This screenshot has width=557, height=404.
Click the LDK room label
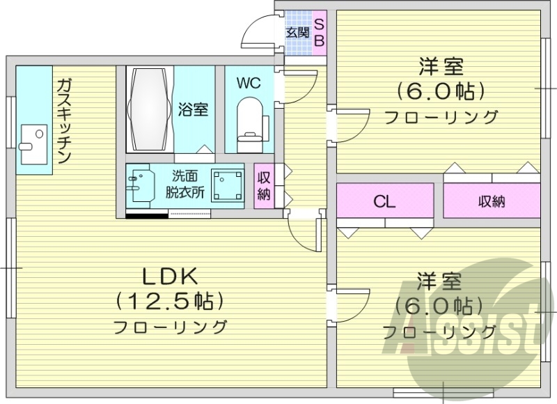point(171,277)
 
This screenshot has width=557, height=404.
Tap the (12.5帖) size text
point(171,301)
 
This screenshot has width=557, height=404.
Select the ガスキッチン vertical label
point(63,119)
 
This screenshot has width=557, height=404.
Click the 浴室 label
point(193,110)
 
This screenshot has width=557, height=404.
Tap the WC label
point(248,83)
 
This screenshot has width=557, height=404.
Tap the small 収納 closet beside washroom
point(264,185)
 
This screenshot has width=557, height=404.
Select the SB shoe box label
point(319,32)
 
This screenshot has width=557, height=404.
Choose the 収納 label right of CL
point(492,202)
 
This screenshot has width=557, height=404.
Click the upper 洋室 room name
point(441,68)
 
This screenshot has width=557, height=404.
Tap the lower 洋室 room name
point(439,282)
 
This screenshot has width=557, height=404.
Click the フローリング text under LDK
point(171,326)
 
